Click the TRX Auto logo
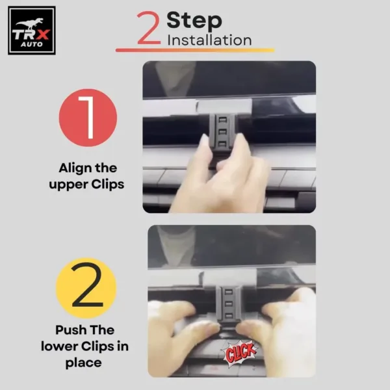click(x=31, y=30)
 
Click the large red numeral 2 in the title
click(x=149, y=29)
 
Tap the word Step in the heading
click(x=194, y=19)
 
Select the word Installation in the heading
click(x=209, y=40)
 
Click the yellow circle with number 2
click(x=88, y=287)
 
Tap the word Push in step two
click(x=71, y=330)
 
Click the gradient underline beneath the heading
click(x=195, y=50)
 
